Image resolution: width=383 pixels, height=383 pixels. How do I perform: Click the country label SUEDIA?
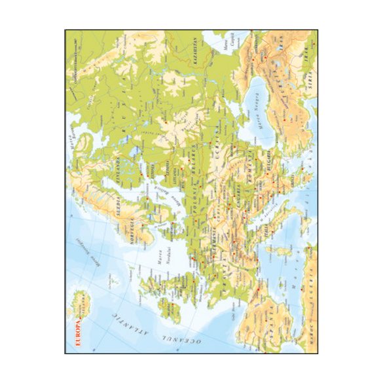[119, 208]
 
